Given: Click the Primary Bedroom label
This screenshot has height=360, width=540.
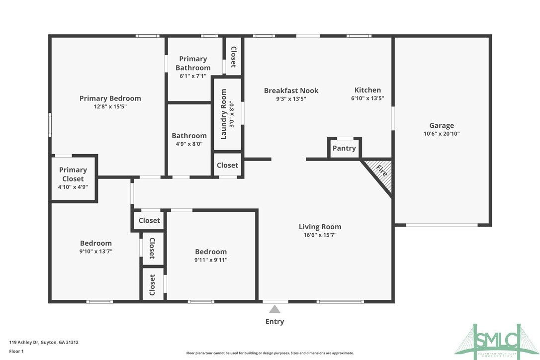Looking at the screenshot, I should [x=110, y=98].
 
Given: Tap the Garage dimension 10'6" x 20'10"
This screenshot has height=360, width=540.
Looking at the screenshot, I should [x=442, y=133].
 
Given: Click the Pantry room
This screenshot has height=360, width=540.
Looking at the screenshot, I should [x=344, y=148].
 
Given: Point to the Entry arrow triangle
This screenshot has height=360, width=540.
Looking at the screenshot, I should [x=274, y=309].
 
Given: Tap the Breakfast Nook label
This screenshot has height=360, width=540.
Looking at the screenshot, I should [x=291, y=90].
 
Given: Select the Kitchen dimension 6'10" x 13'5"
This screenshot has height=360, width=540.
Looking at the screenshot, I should [x=367, y=98].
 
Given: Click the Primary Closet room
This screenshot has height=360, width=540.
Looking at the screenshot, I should [x=73, y=178].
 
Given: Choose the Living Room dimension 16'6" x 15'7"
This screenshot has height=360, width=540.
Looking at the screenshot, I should [x=320, y=235].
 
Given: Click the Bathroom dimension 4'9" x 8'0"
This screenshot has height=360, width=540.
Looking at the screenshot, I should [x=189, y=144].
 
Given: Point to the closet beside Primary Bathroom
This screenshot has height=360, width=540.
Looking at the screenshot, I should [x=233, y=57].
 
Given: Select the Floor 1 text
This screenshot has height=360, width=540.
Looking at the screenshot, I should [x=16, y=351].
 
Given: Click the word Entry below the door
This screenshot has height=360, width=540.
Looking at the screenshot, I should [x=274, y=322].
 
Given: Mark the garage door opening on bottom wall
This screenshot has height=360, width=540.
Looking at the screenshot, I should [x=442, y=225].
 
